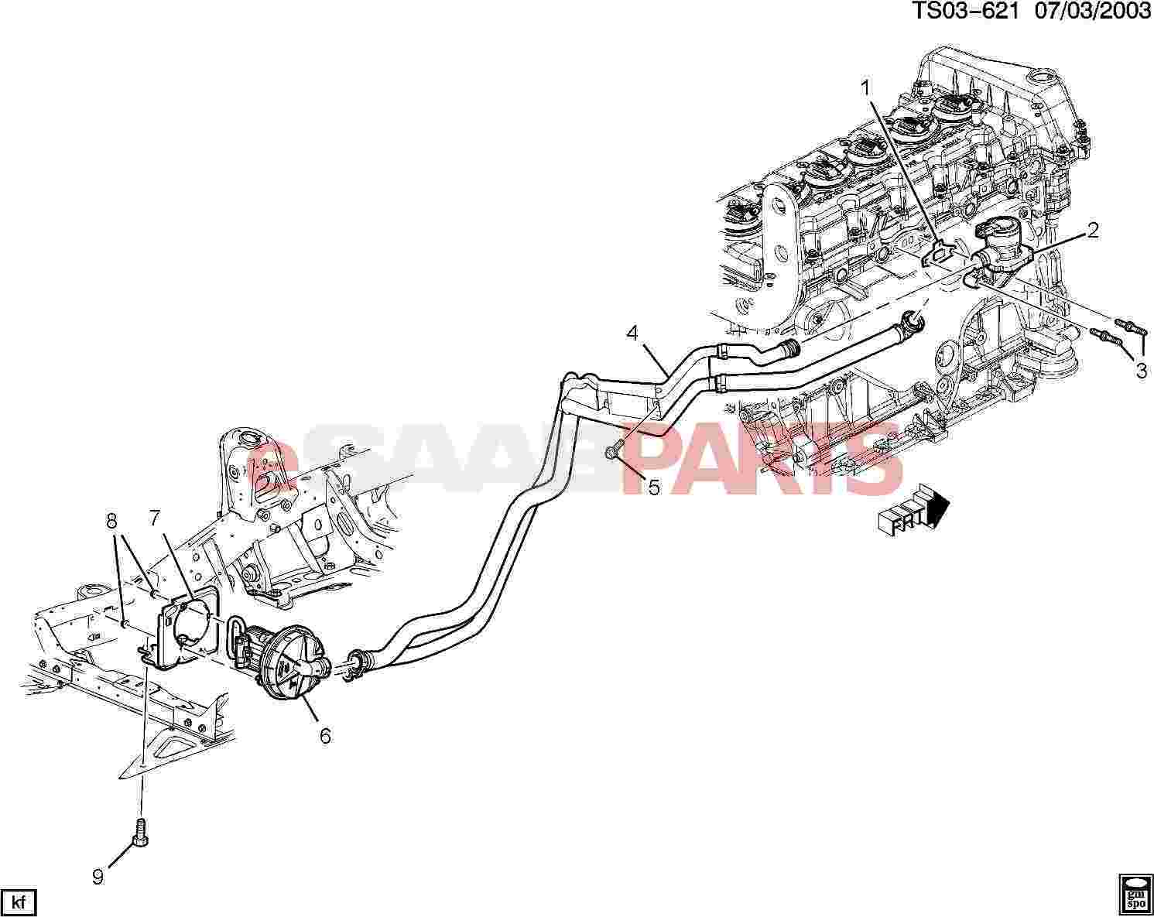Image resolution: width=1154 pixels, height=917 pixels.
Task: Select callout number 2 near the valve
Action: click(x=1092, y=230)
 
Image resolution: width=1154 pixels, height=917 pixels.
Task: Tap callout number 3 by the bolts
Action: click(x=1141, y=371)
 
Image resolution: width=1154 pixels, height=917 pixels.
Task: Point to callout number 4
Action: click(x=632, y=334)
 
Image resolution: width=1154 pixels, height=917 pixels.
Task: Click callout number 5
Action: click(x=654, y=487)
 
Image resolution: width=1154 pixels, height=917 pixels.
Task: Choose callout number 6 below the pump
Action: click(x=326, y=736)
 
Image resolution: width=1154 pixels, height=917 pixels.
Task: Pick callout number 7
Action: click(x=154, y=518)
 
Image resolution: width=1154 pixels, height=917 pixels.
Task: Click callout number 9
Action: click(x=98, y=878)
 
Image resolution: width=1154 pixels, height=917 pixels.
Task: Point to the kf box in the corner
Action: click(x=19, y=902)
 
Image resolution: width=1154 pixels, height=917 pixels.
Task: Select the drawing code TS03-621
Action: click(x=964, y=12)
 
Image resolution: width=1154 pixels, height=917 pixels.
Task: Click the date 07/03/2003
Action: click(x=1092, y=12)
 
